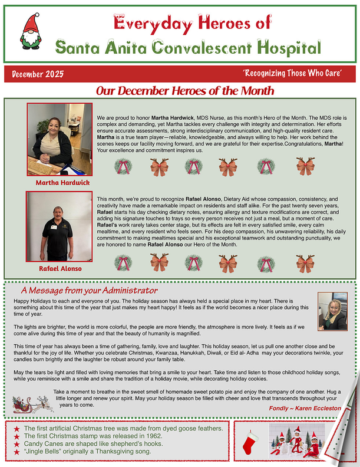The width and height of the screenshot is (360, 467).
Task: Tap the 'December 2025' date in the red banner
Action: pos(37,74)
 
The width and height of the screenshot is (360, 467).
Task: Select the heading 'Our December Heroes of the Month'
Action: pos(185,91)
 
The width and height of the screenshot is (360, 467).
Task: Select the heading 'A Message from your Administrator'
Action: pos(89,291)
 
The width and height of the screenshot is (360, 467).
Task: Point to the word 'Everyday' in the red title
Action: pos(144,24)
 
